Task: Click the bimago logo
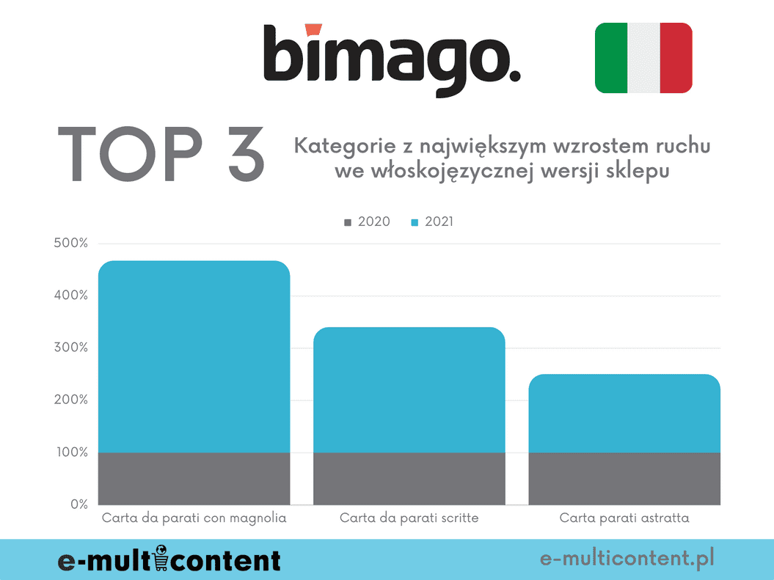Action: coord(392,60)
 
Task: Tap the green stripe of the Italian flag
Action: coord(611,58)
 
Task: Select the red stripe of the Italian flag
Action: coord(676,58)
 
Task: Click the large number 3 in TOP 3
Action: coord(236,155)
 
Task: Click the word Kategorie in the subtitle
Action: coord(341,146)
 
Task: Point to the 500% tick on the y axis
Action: coord(70,243)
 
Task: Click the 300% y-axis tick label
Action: coord(70,348)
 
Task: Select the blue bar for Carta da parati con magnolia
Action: coord(194,356)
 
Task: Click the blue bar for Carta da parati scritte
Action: coord(409,389)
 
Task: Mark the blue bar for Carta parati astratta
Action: coord(624,413)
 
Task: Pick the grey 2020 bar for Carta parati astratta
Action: coord(624,478)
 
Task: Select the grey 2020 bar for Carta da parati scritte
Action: coord(409,478)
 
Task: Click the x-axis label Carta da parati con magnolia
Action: coord(194,518)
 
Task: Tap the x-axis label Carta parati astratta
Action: coord(624,518)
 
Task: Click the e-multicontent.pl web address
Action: coord(627,559)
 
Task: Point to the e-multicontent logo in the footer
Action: coord(169,560)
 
